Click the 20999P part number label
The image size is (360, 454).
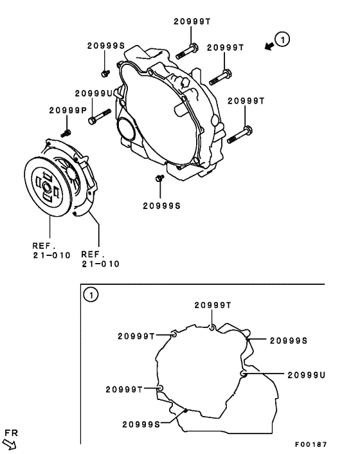coord(68,111)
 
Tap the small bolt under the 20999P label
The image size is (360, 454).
coord(65,133)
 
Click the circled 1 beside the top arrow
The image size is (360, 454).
coord(282,41)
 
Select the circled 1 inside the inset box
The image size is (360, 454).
coord(90,295)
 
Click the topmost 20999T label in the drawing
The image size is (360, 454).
coord(192,21)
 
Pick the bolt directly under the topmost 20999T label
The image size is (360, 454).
coord(187,51)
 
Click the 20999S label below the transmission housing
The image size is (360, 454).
coord(161,206)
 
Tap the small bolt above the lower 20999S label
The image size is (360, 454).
coord(159,178)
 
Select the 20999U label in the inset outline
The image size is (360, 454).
coord(306,374)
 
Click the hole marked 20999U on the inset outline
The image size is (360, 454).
coord(243,374)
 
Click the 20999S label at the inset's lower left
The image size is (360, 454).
coord(141,423)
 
